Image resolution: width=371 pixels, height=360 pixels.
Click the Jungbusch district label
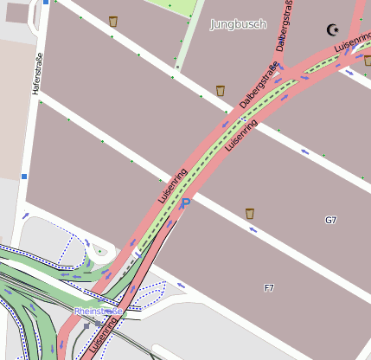(x=238, y=24)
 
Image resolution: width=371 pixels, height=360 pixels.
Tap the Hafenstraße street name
(x=37, y=74)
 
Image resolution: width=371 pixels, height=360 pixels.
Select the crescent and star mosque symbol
(x=333, y=30)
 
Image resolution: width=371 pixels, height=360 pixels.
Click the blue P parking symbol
(x=185, y=203)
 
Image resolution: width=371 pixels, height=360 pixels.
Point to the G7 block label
(x=330, y=221)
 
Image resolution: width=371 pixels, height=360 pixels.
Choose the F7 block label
(x=269, y=287)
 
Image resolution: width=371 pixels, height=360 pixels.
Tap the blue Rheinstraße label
(x=98, y=311)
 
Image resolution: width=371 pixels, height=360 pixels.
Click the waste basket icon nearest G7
(x=250, y=213)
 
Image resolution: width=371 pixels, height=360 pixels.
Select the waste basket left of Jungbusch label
(x=113, y=21)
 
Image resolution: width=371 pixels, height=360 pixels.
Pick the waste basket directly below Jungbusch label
(x=221, y=90)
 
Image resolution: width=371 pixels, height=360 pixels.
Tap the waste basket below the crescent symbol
(x=367, y=61)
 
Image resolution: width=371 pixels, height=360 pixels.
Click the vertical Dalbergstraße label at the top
(x=281, y=26)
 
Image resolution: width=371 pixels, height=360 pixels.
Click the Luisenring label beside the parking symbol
(x=173, y=185)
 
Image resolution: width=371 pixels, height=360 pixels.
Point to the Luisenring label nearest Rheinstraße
(x=104, y=337)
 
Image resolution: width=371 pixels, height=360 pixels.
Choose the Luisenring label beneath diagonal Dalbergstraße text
(x=241, y=136)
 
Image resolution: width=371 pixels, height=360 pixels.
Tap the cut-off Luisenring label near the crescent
(x=353, y=42)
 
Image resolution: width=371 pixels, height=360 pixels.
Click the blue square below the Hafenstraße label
(x=24, y=177)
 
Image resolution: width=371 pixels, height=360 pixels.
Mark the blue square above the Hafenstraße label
(x=45, y=2)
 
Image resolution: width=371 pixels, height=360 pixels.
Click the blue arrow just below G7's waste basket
(x=252, y=229)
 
